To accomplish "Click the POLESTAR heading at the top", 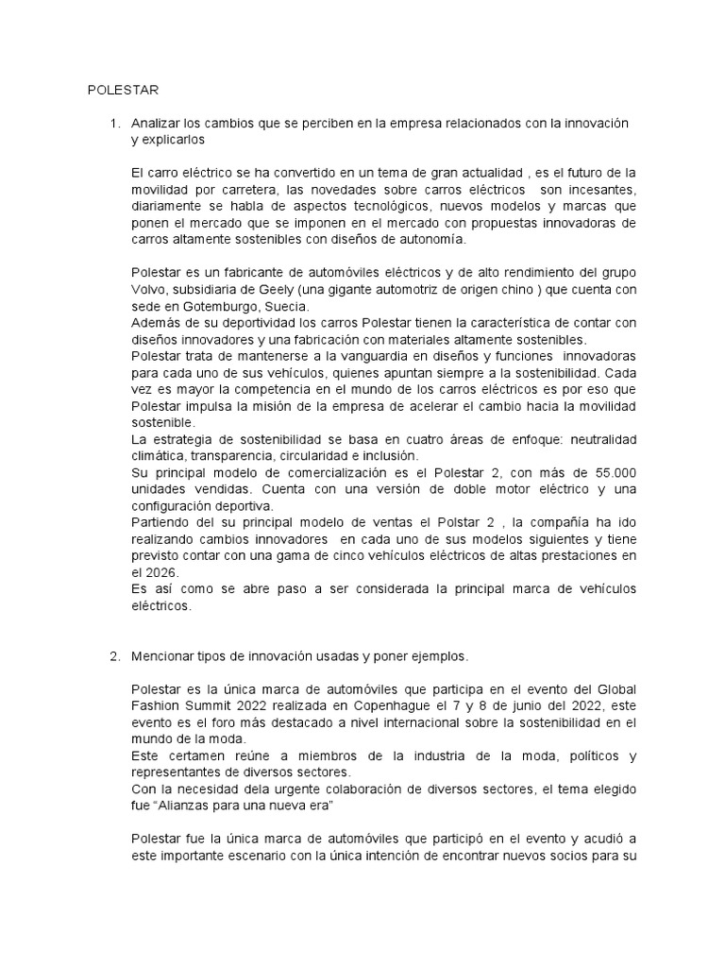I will click(124, 91).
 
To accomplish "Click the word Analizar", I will click(157, 124).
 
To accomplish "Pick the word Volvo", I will click(149, 289).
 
